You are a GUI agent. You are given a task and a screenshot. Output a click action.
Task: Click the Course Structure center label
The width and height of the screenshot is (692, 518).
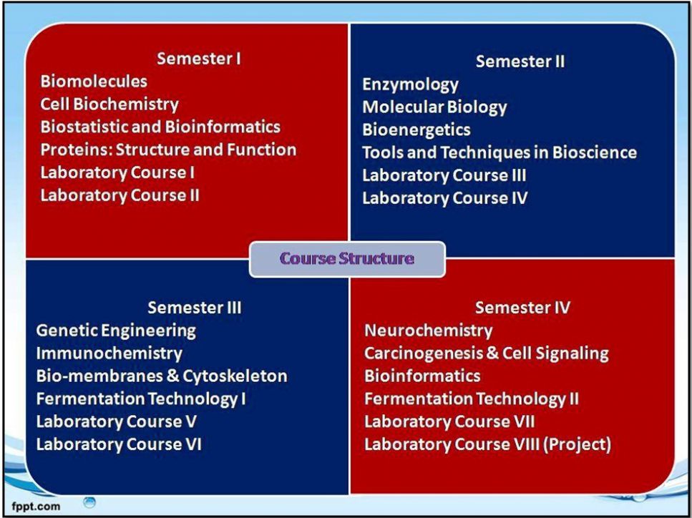(x=347, y=258)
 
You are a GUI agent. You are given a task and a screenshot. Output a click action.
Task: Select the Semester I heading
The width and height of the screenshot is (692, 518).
(x=199, y=59)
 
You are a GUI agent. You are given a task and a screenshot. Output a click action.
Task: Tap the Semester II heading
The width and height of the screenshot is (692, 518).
(x=520, y=62)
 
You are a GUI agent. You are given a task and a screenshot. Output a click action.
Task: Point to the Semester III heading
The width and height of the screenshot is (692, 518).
(x=195, y=308)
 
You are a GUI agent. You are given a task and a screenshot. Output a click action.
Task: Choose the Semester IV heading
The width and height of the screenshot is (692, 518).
(x=522, y=308)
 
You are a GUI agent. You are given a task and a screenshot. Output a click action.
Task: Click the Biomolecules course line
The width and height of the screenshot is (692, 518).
(x=94, y=81)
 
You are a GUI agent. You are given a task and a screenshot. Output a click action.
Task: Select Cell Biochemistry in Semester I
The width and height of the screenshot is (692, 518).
(x=109, y=104)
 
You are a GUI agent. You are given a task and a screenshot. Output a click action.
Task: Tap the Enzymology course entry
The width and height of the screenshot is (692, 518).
(x=411, y=84)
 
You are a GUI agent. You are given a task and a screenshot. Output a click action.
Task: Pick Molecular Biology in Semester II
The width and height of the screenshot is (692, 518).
(x=434, y=107)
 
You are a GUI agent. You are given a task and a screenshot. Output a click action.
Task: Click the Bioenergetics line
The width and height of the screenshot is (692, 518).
(x=416, y=130)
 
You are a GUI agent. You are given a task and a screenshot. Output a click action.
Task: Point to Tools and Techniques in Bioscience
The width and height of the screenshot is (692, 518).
(x=499, y=152)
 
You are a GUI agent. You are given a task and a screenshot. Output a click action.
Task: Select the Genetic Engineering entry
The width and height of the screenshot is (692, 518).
(x=116, y=331)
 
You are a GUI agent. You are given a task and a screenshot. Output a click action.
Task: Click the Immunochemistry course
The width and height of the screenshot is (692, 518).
(x=109, y=353)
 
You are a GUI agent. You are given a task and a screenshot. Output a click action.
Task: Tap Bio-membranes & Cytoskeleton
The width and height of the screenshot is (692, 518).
(x=162, y=376)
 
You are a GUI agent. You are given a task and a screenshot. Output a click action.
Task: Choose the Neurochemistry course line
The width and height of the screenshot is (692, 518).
(x=428, y=331)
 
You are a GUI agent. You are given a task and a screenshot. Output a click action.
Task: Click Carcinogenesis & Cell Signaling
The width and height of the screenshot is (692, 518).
(x=487, y=353)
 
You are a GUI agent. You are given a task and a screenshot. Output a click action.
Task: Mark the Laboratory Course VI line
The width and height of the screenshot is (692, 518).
(x=119, y=444)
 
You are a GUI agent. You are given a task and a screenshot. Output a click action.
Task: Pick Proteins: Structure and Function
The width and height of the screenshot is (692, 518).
(x=168, y=150)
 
